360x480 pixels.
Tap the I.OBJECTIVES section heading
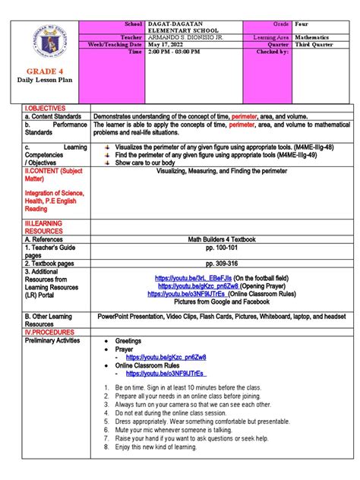point(45,109)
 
